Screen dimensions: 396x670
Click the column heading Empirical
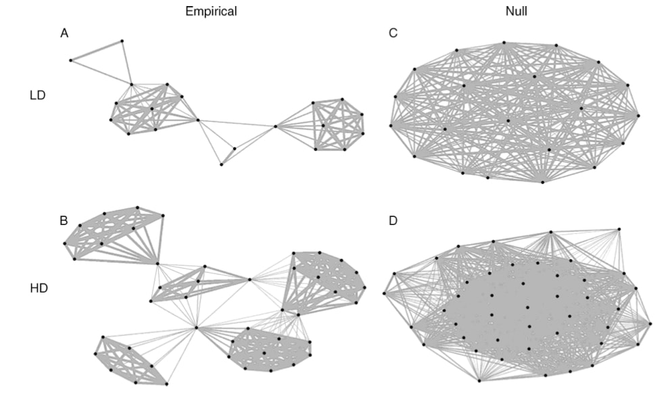212,11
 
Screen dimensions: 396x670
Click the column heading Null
516,11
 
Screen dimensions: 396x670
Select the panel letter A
64,34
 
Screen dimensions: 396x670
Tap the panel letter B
64,220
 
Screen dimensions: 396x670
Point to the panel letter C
393,34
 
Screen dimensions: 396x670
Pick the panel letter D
393,220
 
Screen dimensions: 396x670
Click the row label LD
38,95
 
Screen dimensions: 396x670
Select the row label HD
39,289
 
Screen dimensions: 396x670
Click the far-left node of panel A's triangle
70,61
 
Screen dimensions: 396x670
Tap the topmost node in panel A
122,41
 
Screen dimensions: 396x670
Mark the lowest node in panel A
221,164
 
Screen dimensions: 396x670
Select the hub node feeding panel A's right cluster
275,126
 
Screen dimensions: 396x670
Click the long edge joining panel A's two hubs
237,124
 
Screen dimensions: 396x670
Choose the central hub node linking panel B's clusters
196,328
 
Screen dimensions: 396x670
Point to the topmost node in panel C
504,43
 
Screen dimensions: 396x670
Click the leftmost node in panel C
390,125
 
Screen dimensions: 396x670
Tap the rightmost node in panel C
639,116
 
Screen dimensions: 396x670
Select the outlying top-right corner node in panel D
621,230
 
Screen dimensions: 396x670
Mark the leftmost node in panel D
384,293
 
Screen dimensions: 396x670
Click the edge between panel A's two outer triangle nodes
96,51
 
